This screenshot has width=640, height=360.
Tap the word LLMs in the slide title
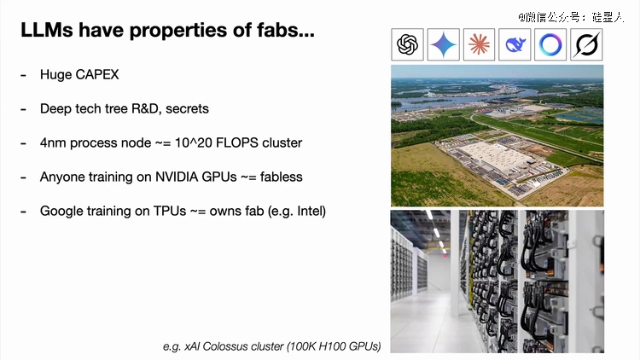pyautogui.click(x=47, y=30)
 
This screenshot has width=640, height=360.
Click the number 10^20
pyautogui.click(x=194, y=142)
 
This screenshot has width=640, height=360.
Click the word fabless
pyautogui.click(x=282, y=177)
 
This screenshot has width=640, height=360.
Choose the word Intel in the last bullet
pyautogui.click(x=311, y=211)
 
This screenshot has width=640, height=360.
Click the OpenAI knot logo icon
pyautogui.click(x=407, y=44)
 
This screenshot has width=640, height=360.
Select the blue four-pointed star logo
pyautogui.click(x=443, y=44)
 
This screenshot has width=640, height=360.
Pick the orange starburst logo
pyautogui.click(x=480, y=44)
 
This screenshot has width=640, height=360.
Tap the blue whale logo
pyautogui.click(x=515, y=44)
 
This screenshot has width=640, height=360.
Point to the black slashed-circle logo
pyautogui.click(x=586, y=44)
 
